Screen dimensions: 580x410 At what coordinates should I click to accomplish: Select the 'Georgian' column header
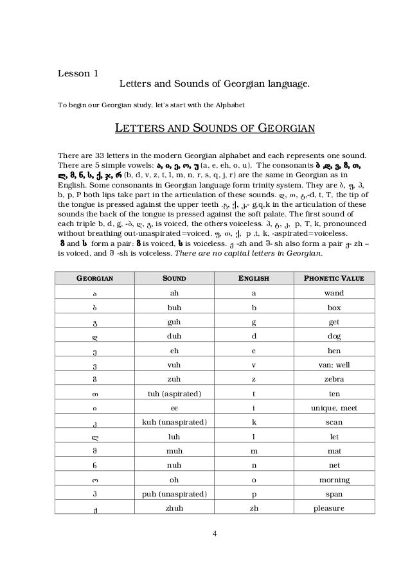pos(95,279)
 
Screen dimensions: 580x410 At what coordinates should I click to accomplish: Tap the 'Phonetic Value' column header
pos(329,279)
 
